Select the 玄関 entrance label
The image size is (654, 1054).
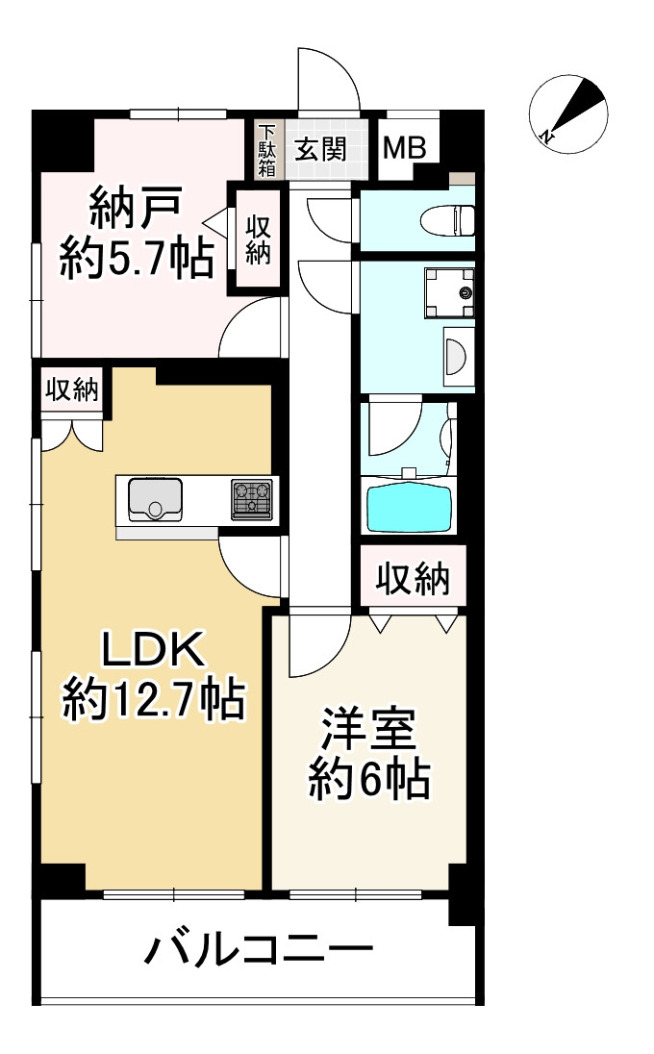tap(320, 149)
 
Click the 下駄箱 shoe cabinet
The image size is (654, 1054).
tap(266, 150)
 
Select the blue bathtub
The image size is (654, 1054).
tap(408, 506)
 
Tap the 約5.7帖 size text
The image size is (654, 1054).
tap(136, 258)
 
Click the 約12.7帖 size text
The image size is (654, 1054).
tap(152, 701)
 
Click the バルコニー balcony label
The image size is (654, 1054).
tap(258, 952)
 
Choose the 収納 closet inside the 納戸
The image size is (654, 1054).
tap(257, 240)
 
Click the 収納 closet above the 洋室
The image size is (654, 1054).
tap(413, 577)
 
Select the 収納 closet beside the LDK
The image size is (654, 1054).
tap(72, 389)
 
